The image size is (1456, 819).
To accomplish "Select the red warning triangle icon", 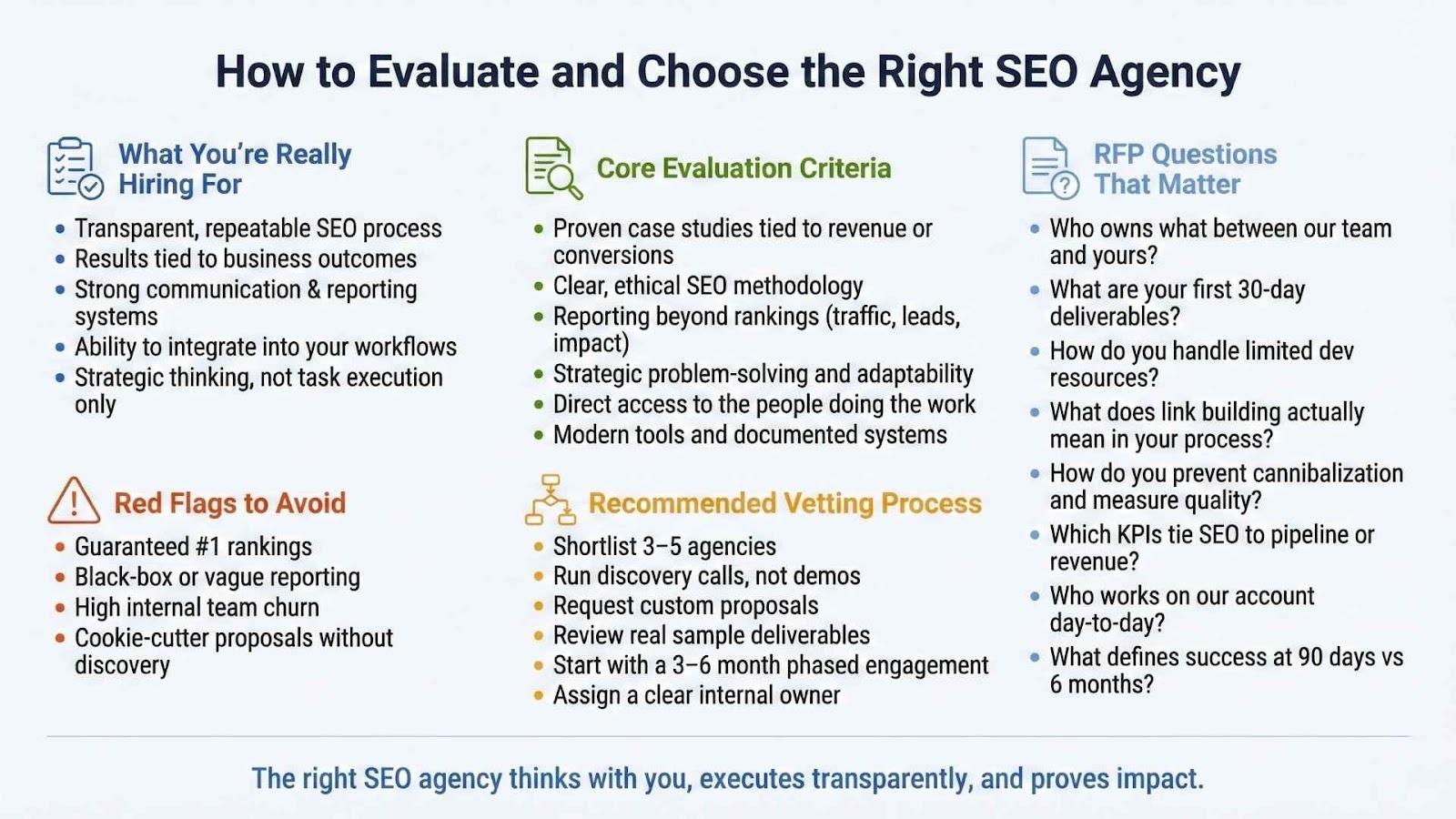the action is click(x=74, y=500).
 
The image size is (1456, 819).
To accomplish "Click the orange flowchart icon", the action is click(x=551, y=500).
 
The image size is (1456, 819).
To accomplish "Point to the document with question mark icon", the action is click(x=1050, y=167).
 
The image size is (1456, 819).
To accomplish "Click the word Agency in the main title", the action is click(x=1166, y=73).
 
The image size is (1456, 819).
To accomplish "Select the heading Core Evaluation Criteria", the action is click(x=743, y=168).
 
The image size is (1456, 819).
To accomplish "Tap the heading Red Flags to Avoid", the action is click(x=230, y=503).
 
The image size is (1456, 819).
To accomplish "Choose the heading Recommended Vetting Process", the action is click(x=785, y=503).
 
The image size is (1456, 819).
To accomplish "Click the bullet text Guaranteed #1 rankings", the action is click(x=193, y=547).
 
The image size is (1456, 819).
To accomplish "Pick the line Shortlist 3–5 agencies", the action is click(x=664, y=547).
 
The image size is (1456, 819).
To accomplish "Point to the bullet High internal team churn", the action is click(x=197, y=608).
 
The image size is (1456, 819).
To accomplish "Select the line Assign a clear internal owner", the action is click(x=696, y=695).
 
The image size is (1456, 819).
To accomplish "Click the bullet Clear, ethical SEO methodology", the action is click(x=708, y=286).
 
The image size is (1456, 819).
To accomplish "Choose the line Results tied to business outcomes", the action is click(x=246, y=258).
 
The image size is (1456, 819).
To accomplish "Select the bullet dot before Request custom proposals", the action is click(x=538, y=606).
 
